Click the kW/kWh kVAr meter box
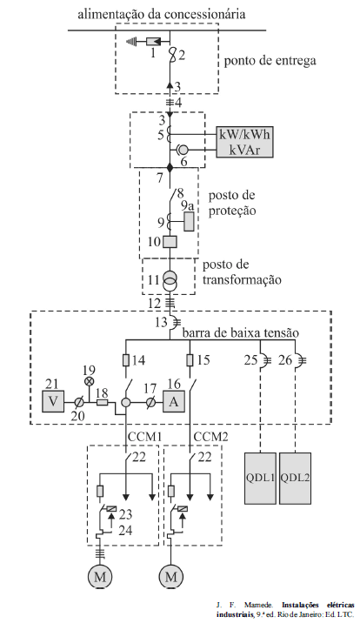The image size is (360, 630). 244,142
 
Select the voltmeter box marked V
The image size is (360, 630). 53,401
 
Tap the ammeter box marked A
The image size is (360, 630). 174,401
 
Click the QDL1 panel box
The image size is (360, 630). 261,478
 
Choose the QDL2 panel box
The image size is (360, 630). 295,478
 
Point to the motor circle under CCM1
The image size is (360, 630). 100,577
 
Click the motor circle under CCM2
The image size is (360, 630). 171,577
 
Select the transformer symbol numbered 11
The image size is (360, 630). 170,280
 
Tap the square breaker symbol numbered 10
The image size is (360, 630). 170,242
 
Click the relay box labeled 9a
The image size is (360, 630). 189,221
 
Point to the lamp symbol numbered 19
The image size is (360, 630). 89,381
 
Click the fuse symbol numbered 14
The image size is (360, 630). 126,360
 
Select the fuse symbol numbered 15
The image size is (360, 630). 190,360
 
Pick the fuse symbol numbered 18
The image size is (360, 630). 103,401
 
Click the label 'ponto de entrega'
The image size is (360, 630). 270,61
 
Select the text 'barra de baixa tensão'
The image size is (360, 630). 240,333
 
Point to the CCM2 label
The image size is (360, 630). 210,436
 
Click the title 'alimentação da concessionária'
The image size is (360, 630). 162,15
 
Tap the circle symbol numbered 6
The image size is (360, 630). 183,150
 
